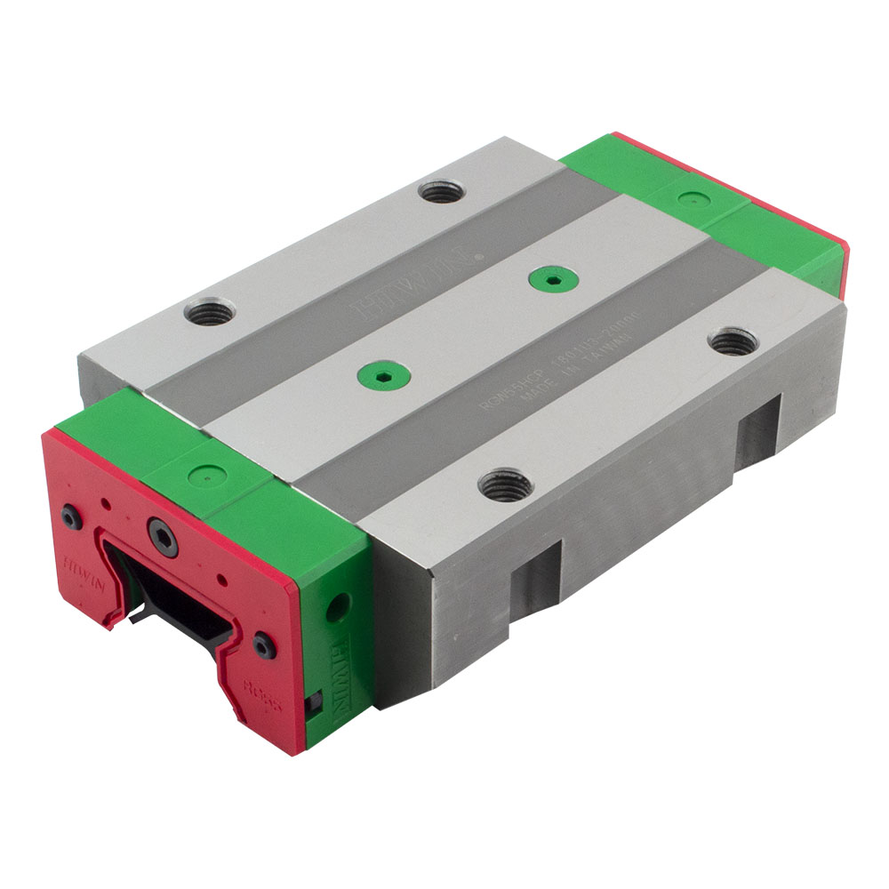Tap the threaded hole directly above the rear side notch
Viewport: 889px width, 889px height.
733,340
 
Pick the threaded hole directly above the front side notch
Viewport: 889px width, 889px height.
504,485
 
